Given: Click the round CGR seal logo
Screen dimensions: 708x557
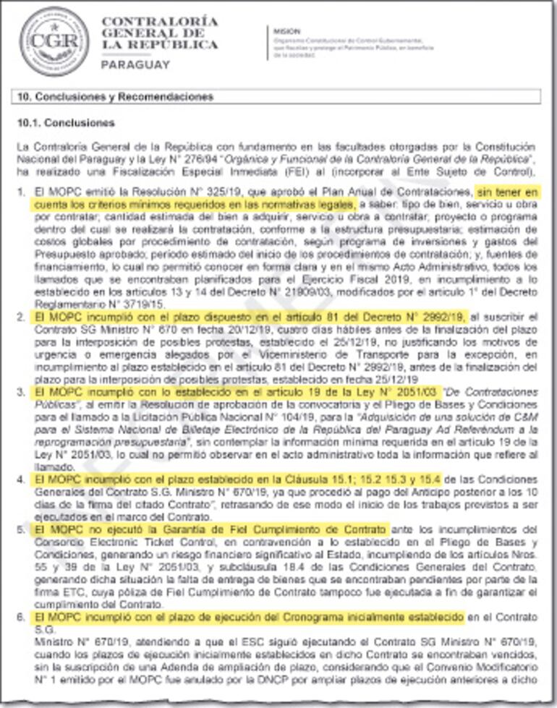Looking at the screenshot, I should (x=54, y=41).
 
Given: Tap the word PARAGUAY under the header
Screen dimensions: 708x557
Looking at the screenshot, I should (x=136, y=64).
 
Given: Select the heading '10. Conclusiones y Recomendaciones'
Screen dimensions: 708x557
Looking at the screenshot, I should (x=115, y=96).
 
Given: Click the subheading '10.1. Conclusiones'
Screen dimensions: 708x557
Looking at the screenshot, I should (x=66, y=123).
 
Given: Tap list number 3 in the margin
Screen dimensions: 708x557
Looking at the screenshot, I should (x=21, y=391).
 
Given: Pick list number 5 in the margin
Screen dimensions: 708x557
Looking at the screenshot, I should (x=21, y=530).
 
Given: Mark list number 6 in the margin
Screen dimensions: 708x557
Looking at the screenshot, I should (x=21, y=617).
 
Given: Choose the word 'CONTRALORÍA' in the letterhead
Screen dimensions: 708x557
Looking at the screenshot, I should (x=159, y=21).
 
